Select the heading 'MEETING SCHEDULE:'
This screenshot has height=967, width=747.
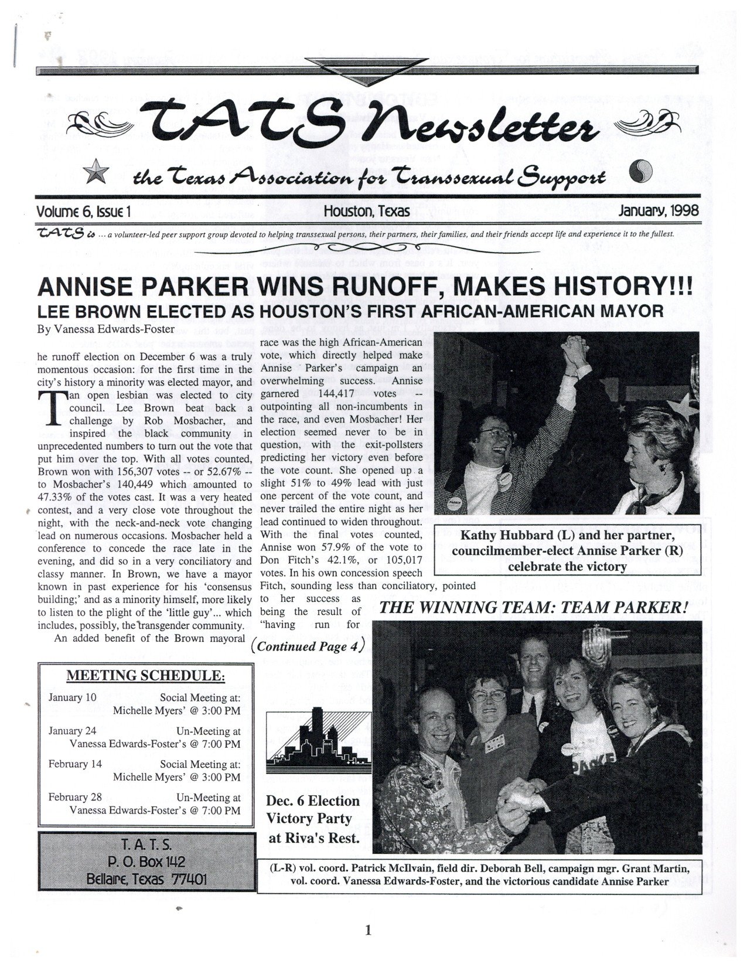[x=145, y=675]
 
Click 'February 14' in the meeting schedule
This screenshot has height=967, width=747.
[x=75, y=764]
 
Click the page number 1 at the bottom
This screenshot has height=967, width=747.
[x=369, y=930]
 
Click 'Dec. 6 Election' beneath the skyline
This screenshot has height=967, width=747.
[x=313, y=801]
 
